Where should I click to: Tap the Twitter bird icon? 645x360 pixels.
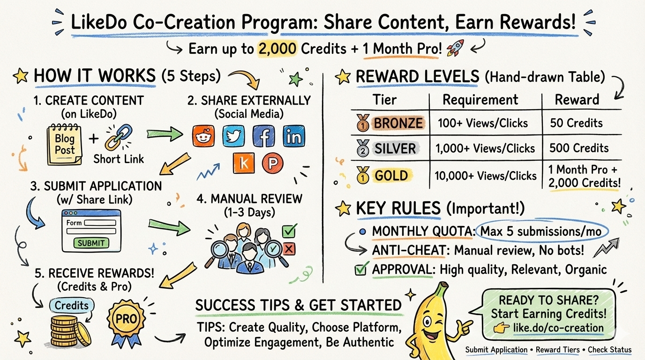[233, 136]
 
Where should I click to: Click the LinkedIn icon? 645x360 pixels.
[293, 136]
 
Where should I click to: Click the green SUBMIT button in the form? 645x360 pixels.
[91, 243]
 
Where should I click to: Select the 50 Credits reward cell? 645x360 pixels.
[576, 123]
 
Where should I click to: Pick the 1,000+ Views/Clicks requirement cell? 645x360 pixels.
[485, 149]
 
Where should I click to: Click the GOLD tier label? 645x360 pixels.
[390, 176]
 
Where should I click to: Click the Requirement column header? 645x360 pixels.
[480, 100]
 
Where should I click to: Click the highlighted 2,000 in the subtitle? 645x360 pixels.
[277, 49]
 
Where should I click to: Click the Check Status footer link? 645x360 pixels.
[609, 350]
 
